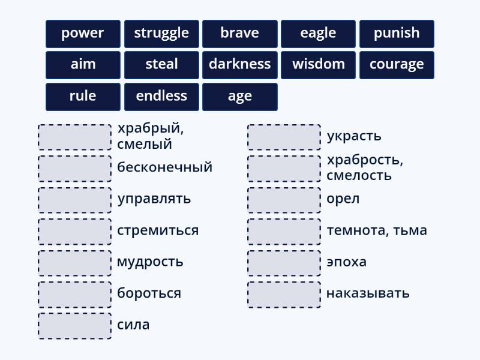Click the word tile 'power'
(x=83, y=34)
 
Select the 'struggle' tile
(x=161, y=34)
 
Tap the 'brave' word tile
(x=240, y=34)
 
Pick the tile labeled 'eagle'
(x=318, y=34)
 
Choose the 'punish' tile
(x=397, y=34)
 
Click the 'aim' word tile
(x=83, y=65)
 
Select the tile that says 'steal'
(x=161, y=65)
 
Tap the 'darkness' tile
(x=240, y=65)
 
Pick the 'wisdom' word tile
(x=318, y=65)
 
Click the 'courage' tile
(x=397, y=65)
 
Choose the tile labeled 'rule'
(x=83, y=97)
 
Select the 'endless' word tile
(x=161, y=97)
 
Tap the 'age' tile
(x=240, y=97)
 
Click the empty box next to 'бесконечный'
(x=75, y=169)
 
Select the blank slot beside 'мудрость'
(x=75, y=263)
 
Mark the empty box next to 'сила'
(x=75, y=326)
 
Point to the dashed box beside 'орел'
(x=284, y=200)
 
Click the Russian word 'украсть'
(x=354, y=136)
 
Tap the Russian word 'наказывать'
(x=368, y=293)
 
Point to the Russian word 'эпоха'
(x=346, y=262)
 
